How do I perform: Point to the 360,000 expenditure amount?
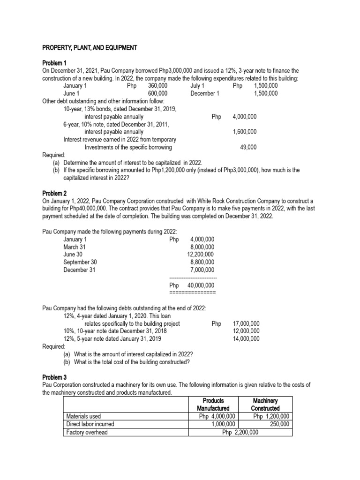coord(157,86)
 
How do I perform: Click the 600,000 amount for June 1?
coord(157,93)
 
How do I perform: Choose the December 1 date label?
coord(205,93)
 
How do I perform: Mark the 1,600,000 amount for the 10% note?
coord(245,132)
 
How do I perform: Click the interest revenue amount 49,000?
coord(248,147)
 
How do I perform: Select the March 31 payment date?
coord(75,247)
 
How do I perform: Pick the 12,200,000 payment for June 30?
coord(201,254)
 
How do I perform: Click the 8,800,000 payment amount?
coord(202,262)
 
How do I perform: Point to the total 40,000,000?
coord(201,285)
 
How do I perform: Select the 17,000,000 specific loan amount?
coord(246,323)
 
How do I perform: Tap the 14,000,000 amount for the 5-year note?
coord(246,338)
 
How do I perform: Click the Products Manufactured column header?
coord(213,405)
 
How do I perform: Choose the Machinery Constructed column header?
coord(265,405)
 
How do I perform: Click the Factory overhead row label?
coord(87,432)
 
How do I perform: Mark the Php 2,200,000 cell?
coord(240,432)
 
